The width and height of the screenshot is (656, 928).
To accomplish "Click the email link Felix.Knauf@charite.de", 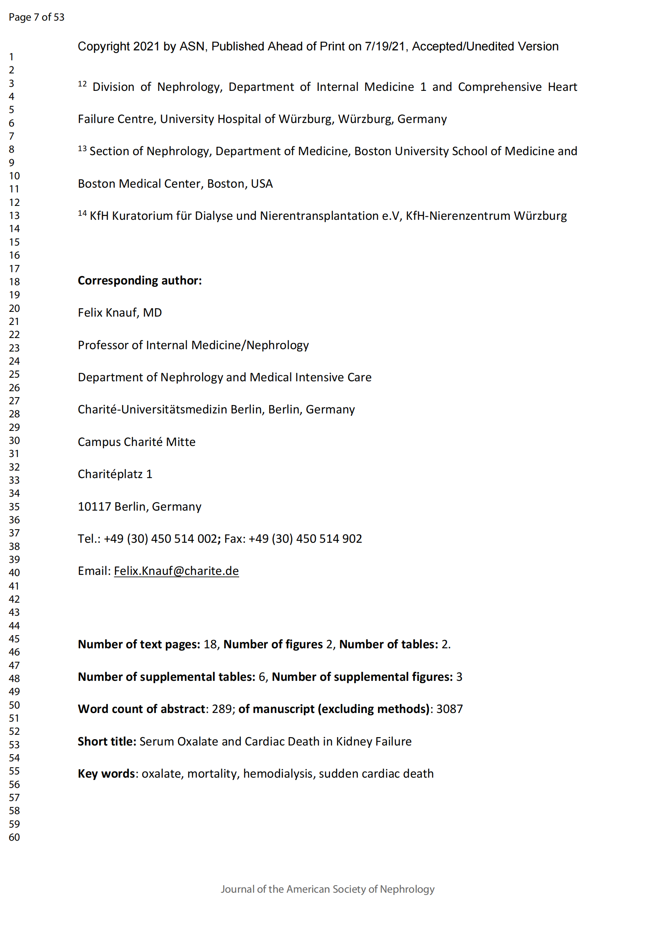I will (x=176, y=571).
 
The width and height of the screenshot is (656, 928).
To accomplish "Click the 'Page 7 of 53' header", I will (x=36, y=17).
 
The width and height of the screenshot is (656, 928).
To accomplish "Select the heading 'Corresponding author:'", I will (x=139, y=280).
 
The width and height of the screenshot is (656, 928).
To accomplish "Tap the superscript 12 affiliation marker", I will (x=82, y=84).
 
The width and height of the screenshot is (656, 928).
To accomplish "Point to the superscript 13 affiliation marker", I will (x=82, y=149).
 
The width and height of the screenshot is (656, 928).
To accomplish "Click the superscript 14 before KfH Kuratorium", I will (x=82, y=213).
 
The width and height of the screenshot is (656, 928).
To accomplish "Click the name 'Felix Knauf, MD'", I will (x=119, y=312).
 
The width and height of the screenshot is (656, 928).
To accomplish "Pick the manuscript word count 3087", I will (x=449, y=709).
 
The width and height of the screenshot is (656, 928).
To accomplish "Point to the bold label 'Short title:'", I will (x=107, y=741).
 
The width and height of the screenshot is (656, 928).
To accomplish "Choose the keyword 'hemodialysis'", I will (x=278, y=774).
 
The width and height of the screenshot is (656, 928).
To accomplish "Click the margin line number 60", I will (x=14, y=838).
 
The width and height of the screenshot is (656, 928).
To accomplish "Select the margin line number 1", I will (x=12, y=57).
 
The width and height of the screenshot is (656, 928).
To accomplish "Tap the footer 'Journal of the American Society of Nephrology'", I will (x=327, y=889).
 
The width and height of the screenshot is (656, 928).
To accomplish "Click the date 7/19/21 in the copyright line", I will (x=385, y=46).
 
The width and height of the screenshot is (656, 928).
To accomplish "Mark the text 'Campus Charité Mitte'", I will (x=136, y=442).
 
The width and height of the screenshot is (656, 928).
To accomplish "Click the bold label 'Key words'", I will (x=106, y=774).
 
